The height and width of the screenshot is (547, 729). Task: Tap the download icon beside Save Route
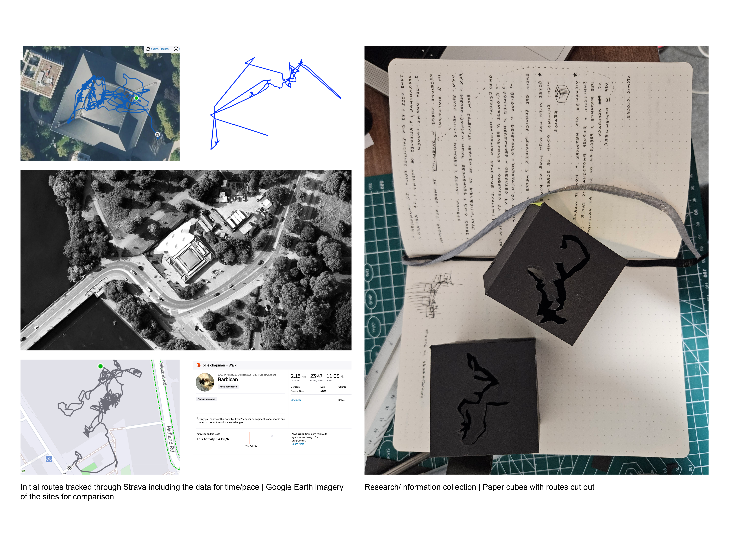pyautogui.click(x=176, y=49)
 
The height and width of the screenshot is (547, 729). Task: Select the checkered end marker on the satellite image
pyautogui.click(x=157, y=134)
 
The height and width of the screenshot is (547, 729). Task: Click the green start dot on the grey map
pyautogui.click(x=100, y=366)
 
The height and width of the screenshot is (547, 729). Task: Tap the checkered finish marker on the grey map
pyautogui.click(x=70, y=467)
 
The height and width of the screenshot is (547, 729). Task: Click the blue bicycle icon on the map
pyautogui.click(x=49, y=459)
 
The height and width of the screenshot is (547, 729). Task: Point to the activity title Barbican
pyautogui.click(x=228, y=379)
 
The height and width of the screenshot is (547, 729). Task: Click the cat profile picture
pyautogui.click(x=205, y=382)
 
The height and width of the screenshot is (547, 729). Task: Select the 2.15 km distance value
pyautogui.click(x=298, y=376)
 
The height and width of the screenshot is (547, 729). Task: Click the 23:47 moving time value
pyautogui.click(x=316, y=376)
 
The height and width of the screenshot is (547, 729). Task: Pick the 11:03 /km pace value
pyautogui.click(x=336, y=376)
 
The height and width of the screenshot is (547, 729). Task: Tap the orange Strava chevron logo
pyautogui.click(x=199, y=365)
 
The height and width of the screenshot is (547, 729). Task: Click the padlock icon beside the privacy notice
pyautogui.click(x=197, y=419)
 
